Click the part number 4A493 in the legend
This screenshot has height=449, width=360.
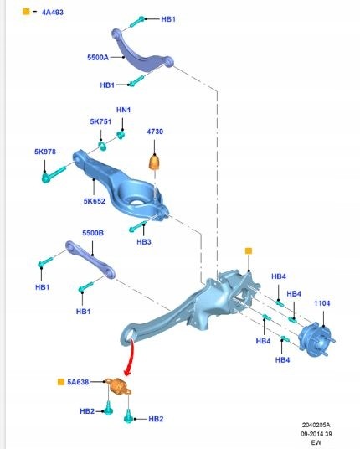point(53,13)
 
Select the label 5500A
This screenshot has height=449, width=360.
point(98,58)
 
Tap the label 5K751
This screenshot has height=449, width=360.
point(100,121)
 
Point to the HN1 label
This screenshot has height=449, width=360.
point(123,110)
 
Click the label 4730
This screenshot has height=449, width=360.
point(155,132)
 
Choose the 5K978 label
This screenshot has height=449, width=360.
point(45,152)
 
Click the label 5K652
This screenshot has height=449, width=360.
point(95,201)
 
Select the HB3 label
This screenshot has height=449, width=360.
point(144,242)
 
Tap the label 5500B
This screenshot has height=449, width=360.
point(93,233)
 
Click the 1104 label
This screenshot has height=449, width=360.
point(322,303)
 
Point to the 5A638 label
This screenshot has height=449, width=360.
point(78,382)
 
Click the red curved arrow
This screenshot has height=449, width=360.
point(131,358)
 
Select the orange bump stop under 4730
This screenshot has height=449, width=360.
point(155,162)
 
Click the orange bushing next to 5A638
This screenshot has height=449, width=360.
point(118,386)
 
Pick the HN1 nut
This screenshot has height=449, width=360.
point(121,135)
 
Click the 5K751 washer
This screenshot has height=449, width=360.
point(102,146)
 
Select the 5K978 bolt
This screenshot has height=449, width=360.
point(54,174)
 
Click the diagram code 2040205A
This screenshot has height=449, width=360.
point(316,425)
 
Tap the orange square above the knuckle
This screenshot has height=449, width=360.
point(249,251)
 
